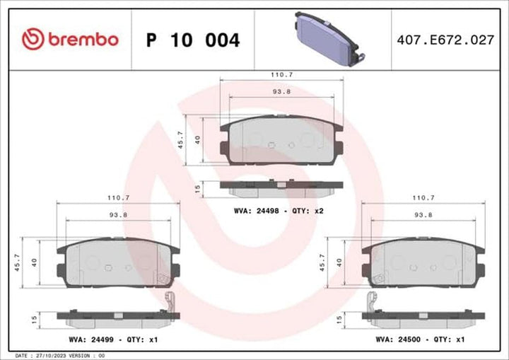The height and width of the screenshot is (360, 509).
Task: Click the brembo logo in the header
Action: [x=69, y=40]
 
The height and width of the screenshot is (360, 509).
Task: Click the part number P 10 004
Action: [x=192, y=40]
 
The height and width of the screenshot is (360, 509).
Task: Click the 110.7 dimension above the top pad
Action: [x=281, y=74]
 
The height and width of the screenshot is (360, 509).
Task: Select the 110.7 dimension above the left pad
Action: [x=117, y=197]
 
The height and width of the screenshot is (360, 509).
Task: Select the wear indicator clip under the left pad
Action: [x=168, y=302]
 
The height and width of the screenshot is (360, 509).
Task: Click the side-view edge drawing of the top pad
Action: [x=281, y=185]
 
